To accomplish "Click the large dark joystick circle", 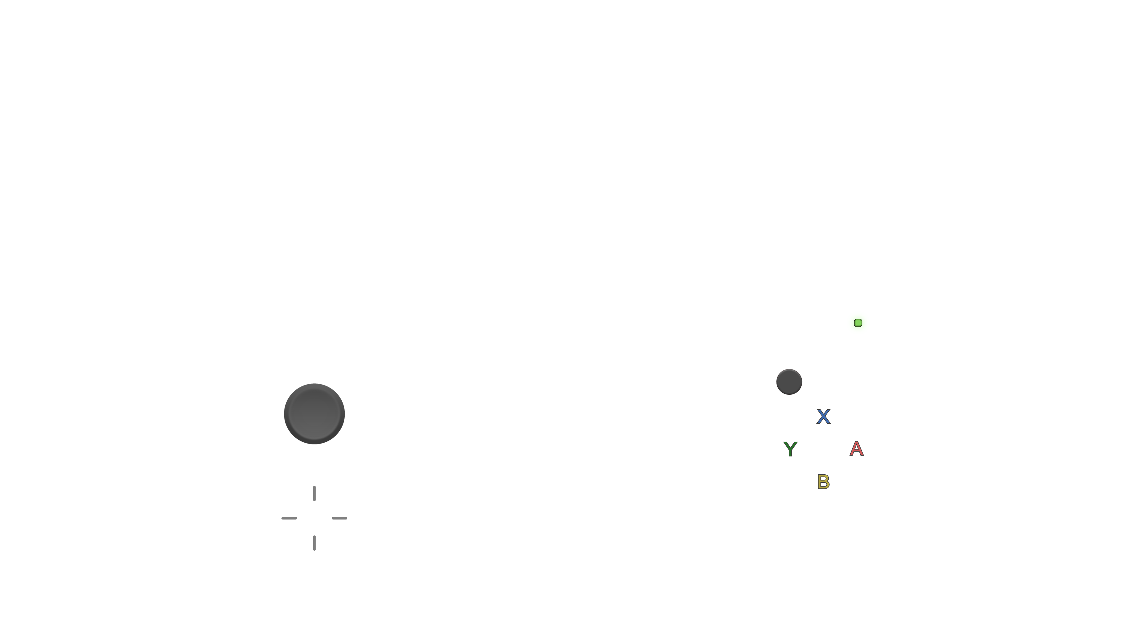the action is (x=314, y=414).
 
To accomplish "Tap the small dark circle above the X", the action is (x=789, y=382).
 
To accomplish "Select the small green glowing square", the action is (x=858, y=323).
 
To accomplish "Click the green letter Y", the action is (x=790, y=449).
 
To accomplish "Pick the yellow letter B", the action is (x=824, y=481).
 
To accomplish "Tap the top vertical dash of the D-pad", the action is (x=314, y=493).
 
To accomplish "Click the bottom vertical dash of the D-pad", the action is (x=314, y=543).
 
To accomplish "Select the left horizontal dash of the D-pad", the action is (x=289, y=518).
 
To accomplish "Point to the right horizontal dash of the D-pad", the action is (x=339, y=518).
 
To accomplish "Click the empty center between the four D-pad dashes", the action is (x=314, y=518).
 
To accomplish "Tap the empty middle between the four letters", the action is (x=824, y=449).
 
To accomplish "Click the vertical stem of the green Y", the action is (x=790, y=453).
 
